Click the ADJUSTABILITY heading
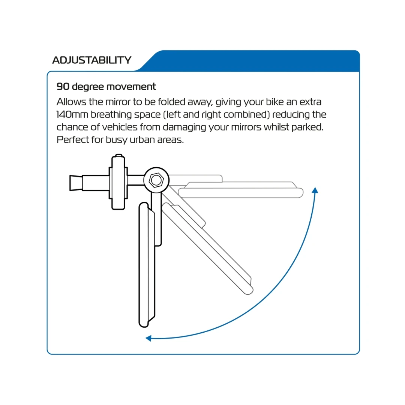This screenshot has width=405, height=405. [x=92, y=60]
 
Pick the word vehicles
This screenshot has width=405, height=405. [x=120, y=127]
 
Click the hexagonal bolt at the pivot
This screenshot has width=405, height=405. [x=156, y=180]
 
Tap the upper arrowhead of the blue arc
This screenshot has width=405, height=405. [x=315, y=190]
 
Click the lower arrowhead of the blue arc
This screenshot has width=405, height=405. [x=148, y=338]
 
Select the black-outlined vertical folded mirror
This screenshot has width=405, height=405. [x=147, y=265]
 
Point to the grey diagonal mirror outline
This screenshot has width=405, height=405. [x=207, y=248]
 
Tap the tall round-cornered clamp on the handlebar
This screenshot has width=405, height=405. [x=118, y=182]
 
